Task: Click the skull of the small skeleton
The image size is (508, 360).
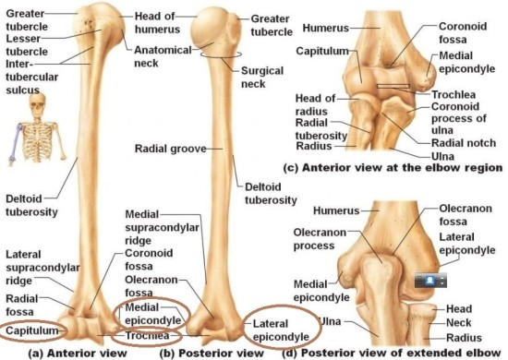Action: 38,104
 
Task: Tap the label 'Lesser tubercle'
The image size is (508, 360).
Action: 27,45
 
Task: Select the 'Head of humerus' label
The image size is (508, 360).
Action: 157,22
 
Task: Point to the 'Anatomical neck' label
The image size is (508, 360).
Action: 163,56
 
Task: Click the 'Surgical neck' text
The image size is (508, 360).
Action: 262,77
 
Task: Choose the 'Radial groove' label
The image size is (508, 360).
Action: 171,149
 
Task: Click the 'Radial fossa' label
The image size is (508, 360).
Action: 22,305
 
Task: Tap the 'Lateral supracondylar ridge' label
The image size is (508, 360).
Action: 42,268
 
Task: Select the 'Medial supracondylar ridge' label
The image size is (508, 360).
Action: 162,227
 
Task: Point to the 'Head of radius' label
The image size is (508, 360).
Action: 315,104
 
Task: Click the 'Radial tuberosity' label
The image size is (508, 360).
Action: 321,129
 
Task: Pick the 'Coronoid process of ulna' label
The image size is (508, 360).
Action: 459,118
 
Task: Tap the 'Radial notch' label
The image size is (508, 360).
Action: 464,143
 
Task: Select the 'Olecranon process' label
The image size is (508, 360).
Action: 320,239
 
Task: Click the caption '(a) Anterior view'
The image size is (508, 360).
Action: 78,353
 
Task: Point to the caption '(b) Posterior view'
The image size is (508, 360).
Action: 212,353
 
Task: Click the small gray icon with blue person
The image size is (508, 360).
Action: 430,281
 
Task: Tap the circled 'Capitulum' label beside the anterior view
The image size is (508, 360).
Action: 31,330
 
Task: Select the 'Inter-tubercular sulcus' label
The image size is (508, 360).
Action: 31,77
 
